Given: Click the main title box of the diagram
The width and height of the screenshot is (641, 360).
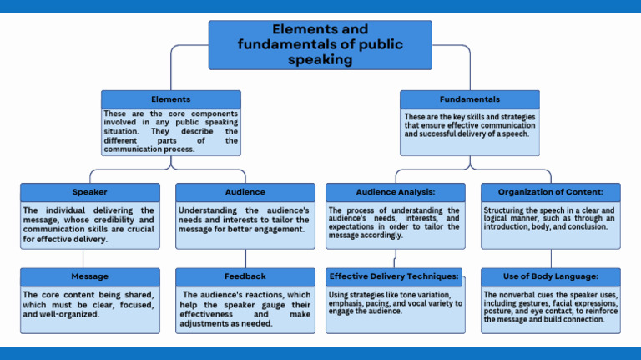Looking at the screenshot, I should [320, 45].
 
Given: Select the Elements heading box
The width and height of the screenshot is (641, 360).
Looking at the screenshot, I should [170, 99].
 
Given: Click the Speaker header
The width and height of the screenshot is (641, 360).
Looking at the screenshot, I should [89, 192].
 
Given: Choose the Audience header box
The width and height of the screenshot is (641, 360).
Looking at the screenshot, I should [245, 192].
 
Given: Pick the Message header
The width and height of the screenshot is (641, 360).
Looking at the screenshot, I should [89, 276].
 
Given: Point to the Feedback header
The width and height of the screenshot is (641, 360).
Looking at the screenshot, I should [245, 276].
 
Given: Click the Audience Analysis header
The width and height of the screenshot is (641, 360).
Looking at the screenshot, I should [395, 192].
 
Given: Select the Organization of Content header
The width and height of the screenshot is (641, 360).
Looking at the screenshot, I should [550, 192].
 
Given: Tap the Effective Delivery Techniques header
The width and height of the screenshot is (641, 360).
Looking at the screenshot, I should [394, 276].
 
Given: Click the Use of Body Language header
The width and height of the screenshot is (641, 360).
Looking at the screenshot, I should [550, 276].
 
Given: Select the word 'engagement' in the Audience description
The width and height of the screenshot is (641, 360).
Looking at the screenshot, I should [268, 229].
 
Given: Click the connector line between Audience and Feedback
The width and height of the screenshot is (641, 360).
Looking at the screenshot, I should [245, 258].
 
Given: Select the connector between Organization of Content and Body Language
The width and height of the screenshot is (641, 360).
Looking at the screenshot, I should [550, 258].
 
